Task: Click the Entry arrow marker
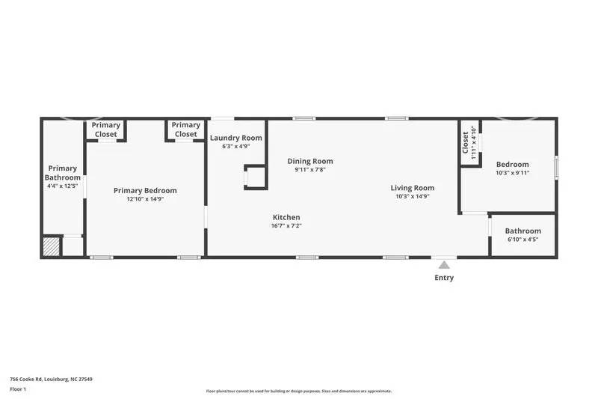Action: coord(444,264)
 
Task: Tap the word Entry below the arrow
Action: coord(444,278)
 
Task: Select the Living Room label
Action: coord(412,188)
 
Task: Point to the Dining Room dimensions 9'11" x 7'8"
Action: coord(310,170)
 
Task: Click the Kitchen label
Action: coord(286,217)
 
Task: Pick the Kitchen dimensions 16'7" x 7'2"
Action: coord(286,225)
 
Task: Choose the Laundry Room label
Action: coord(235,138)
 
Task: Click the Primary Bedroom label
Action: coord(145,191)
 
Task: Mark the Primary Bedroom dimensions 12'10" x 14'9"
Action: coord(145,199)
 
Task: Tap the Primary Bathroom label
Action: coord(63,173)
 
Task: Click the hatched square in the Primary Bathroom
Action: coord(52,246)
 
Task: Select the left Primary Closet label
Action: coord(106,130)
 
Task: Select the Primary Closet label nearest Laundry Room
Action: coord(185,130)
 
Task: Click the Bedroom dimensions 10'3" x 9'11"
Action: coord(512,173)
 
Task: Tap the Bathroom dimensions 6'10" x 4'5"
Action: coord(523,240)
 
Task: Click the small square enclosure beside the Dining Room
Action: coord(256,177)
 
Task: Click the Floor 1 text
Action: coord(18,389)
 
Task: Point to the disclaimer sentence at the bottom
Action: coord(298,391)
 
